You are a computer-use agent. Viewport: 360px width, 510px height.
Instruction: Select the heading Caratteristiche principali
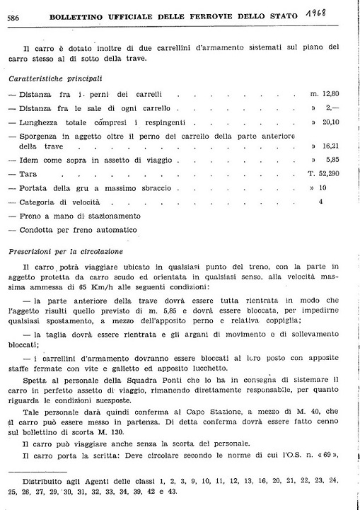pyautogui.click(x=54, y=78)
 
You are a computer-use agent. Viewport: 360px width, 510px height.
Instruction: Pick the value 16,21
pyautogui.click(x=330, y=146)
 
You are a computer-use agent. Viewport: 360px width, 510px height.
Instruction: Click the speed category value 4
pyautogui.click(x=321, y=202)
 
